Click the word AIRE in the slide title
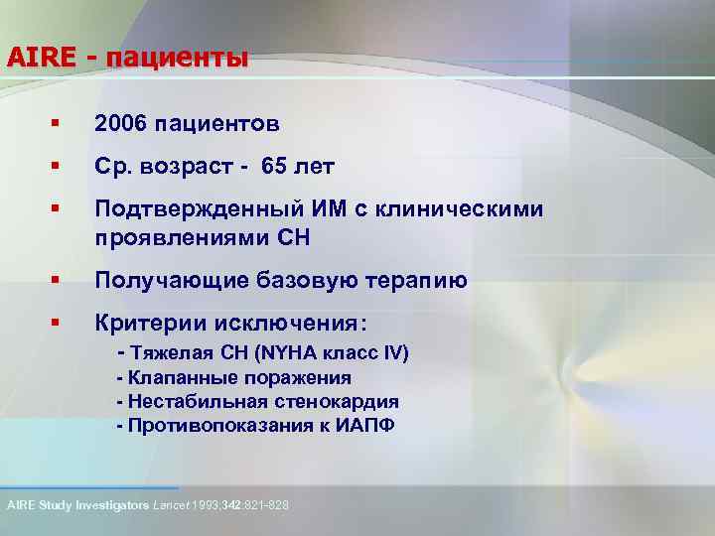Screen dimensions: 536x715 pyautogui.click(x=41, y=57)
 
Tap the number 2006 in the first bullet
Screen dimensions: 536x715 pyautogui.click(x=120, y=124)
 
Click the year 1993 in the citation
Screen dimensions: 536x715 pyautogui.click(x=208, y=505)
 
